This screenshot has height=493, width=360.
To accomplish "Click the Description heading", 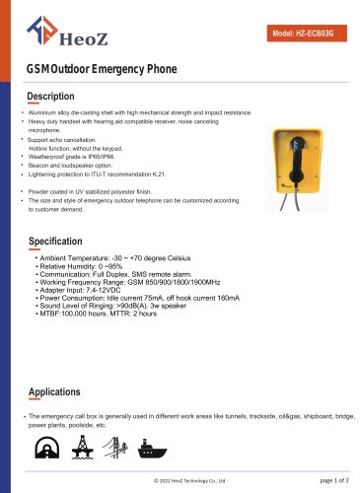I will pyautogui.click(x=51, y=97).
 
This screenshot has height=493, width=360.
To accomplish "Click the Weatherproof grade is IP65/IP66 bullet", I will pyautogui.click(x=83, y=154).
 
